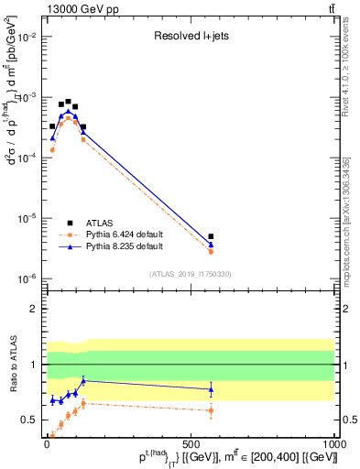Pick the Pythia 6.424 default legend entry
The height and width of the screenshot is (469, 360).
[x=124, y=234]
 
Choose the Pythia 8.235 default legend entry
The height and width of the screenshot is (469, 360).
[x=124, y=246]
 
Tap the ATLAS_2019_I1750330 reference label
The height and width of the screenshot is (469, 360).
[x=191, y=274]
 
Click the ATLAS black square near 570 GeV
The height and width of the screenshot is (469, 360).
[x=211, y=236]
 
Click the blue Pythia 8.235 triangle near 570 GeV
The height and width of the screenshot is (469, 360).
[x=211, y=245]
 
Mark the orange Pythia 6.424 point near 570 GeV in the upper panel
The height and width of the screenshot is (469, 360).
[x=211, y=251]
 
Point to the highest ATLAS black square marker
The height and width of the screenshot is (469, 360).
[x=68, y=102]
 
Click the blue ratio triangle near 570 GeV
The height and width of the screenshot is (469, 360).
[x=211, y=389]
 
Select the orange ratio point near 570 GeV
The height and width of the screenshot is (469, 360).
[x=211, y=410]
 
